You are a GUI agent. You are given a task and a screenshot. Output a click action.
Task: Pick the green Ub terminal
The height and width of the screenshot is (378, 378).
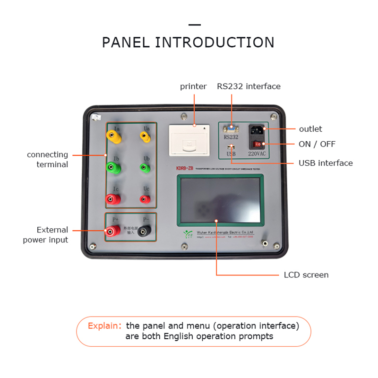coord(145,167)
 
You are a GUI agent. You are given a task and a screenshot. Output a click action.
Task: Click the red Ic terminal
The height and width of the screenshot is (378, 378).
coord(113,199)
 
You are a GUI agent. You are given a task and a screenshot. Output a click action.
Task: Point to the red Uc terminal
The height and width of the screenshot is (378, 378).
coord(145,199)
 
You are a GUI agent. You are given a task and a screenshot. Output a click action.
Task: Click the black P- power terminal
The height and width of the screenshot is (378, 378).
coord(145,231)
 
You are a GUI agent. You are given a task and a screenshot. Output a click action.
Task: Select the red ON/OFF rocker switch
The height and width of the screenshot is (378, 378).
coord(257,144)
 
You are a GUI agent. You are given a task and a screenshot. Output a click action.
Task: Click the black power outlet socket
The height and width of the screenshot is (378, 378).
coord(257,129)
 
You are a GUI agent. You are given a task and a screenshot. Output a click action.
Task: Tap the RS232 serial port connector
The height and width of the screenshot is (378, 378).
coord(231,128)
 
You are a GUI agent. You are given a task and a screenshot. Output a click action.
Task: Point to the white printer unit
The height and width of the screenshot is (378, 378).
coord(189,139)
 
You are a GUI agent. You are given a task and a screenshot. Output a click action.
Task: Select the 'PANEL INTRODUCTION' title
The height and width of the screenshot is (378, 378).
coord(188,43)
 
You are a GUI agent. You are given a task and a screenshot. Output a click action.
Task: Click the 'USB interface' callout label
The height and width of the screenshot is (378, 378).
coord(326,163)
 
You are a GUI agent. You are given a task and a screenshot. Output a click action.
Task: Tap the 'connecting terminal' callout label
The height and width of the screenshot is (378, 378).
coord(47,160)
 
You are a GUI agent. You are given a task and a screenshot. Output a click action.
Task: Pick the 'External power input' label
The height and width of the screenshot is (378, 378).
coord(45,235)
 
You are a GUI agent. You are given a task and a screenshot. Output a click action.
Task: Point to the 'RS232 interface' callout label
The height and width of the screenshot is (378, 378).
coord(249,86)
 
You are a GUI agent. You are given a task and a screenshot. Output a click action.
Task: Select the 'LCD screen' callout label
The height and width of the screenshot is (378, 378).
coord(306,275)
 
